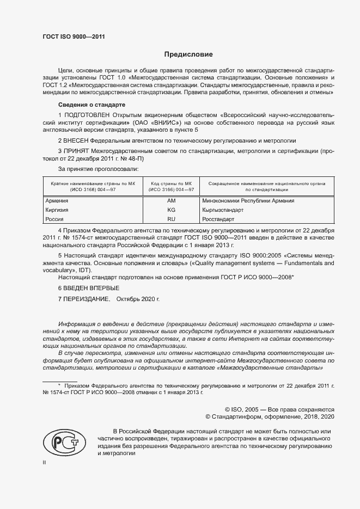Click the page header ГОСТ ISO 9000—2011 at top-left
[74, 36]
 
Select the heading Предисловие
[188, 54]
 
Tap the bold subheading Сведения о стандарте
[91, 104]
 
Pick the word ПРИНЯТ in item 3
[80, 150]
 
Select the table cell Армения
[56, 201]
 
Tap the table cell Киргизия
[57, 210]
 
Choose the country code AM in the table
[171, 201]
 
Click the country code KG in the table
[171, 210]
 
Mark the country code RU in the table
[171, 219]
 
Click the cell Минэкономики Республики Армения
[248, 201]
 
